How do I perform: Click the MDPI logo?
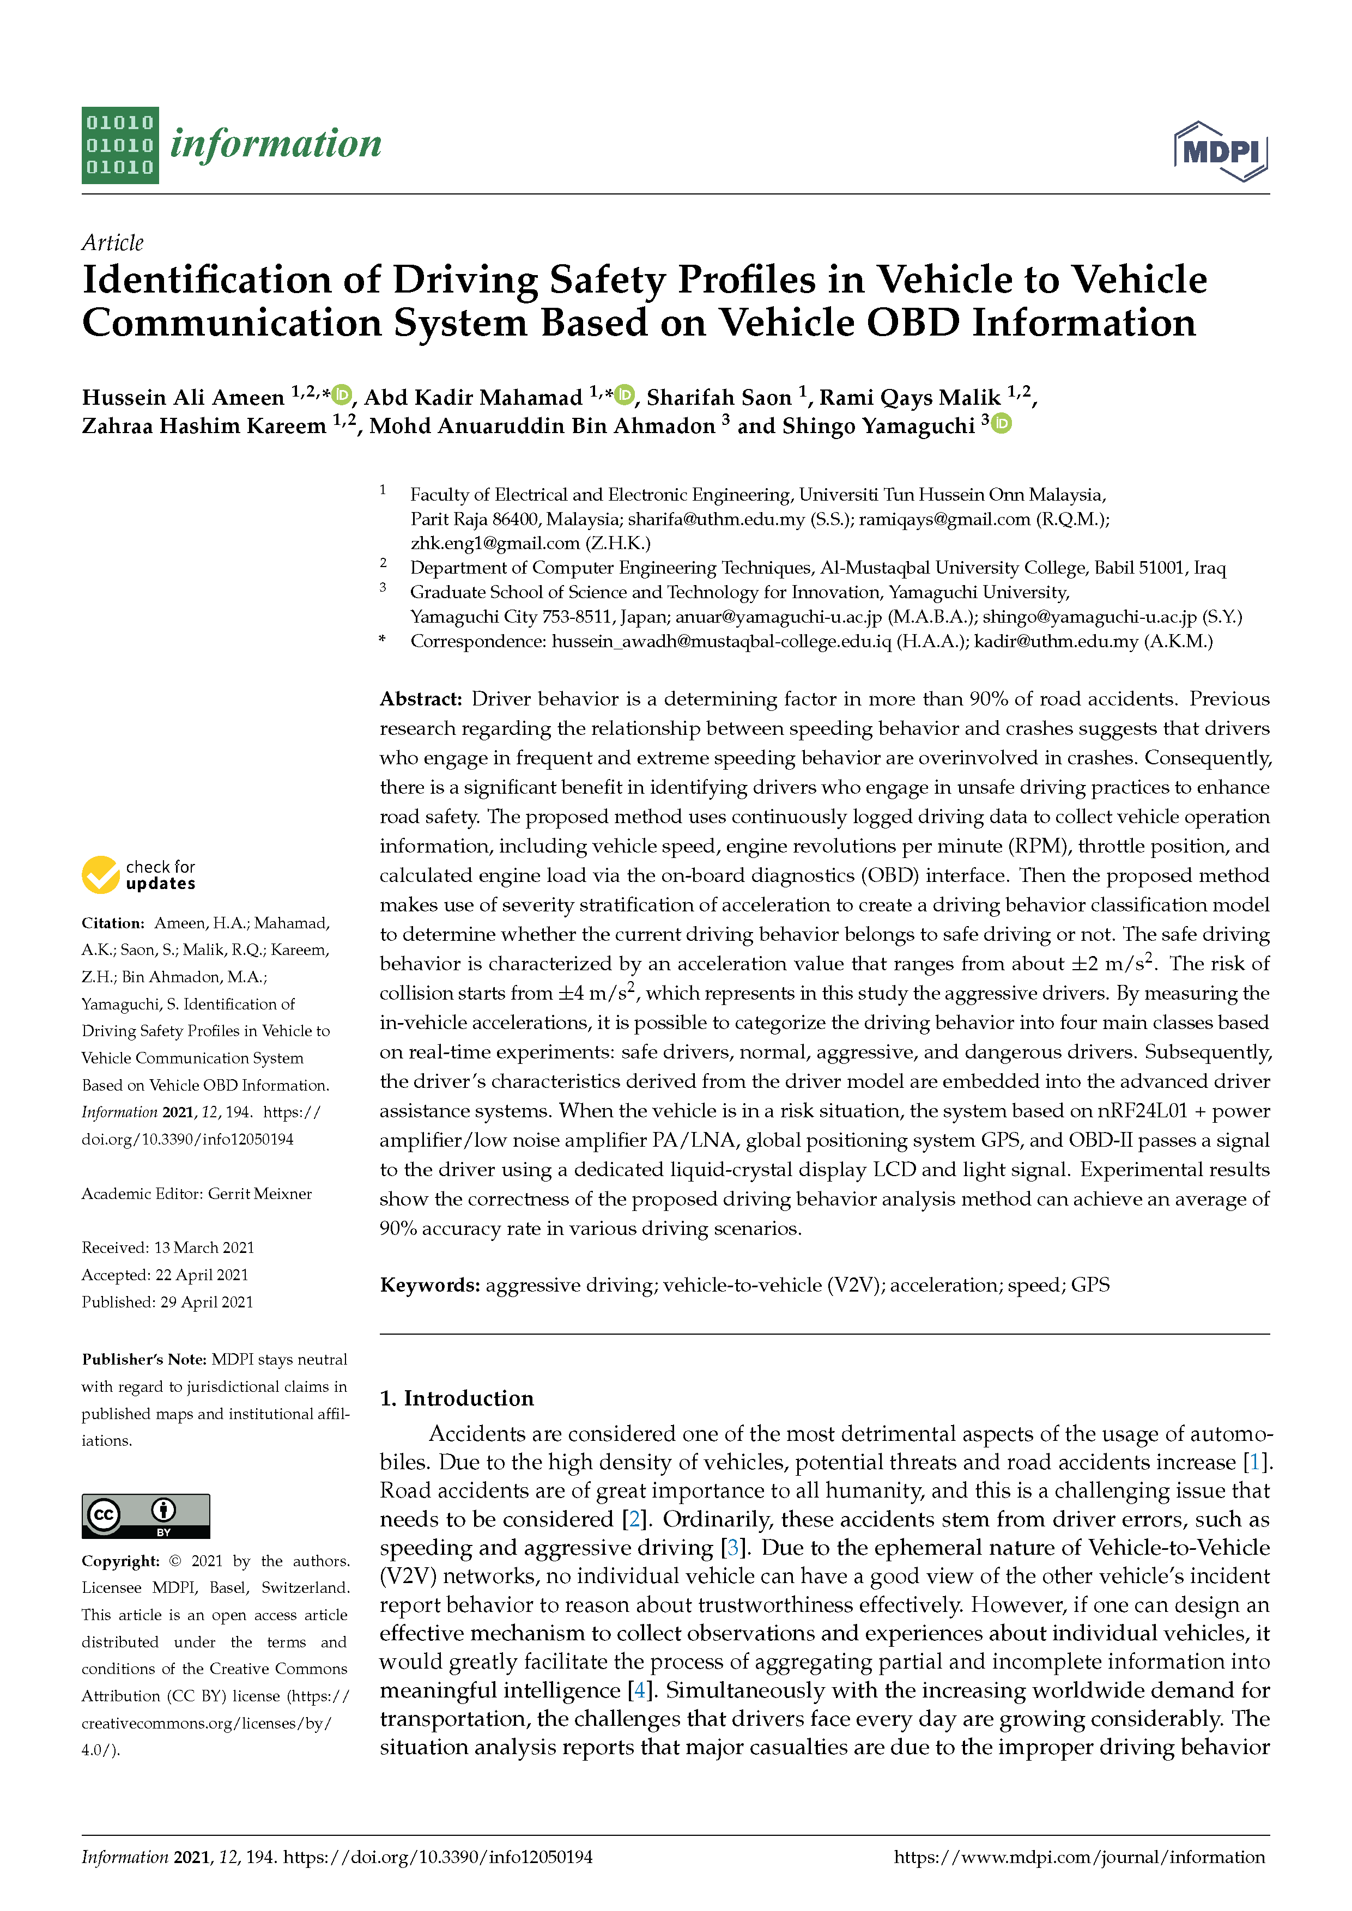click(1221, 151)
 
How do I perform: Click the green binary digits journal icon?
click(120, 145)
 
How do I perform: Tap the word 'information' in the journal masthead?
click(276, 144)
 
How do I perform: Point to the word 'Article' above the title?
click(112, 242)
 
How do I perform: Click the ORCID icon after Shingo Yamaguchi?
click(1002, 424)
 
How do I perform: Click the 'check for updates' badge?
click(139, 875)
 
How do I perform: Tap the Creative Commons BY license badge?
click(145, 1516)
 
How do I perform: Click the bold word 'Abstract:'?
click(420, 699)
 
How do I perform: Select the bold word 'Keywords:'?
click(429, 1285)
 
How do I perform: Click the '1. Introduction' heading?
click(456, 1398)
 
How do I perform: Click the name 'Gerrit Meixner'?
click(260, 1194)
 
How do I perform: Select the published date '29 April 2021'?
click(207, 1302)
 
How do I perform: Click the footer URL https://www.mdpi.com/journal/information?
click(1079, 1857)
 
